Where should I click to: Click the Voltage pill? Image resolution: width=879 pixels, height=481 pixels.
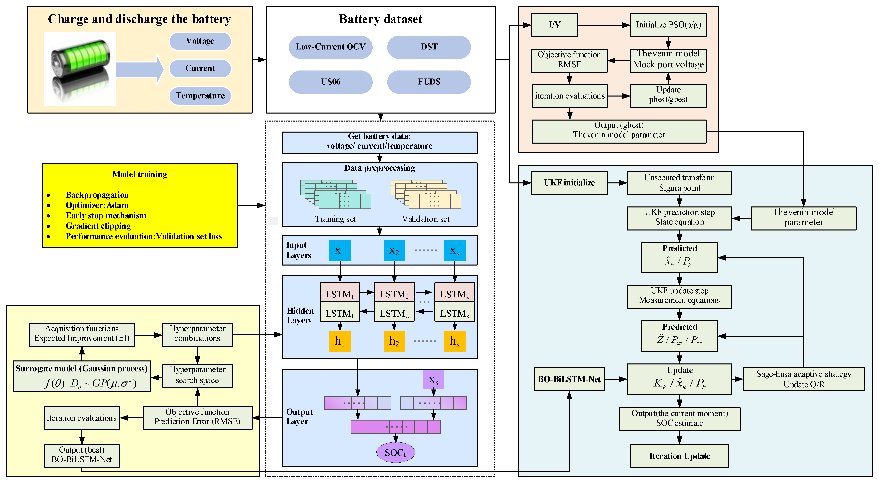(200, 41)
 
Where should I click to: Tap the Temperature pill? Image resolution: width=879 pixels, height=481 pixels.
(200, 96)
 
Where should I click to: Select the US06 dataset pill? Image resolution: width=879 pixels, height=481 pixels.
(330, 82)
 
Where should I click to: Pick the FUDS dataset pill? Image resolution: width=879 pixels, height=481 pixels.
(429, 82)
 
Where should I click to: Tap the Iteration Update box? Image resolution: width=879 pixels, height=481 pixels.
(679, 456)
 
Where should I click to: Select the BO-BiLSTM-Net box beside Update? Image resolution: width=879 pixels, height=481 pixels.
(569, 379)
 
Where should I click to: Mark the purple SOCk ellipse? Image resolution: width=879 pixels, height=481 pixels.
(395, 453)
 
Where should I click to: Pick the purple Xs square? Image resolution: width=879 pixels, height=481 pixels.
(433, 379)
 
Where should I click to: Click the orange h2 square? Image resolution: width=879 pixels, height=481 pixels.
(394, 341)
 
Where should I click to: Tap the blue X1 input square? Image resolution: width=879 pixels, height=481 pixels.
(340, 250)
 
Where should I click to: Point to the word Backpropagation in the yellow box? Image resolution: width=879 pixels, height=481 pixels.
(97, 195)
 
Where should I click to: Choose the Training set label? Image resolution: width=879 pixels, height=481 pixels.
(335, 219)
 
